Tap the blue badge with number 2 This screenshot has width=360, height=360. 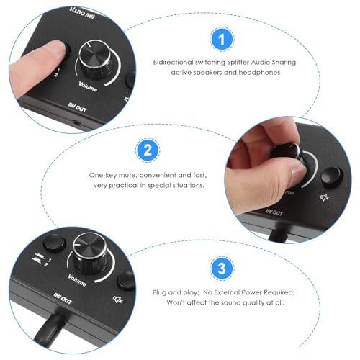146,151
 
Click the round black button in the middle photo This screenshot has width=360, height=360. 331,176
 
